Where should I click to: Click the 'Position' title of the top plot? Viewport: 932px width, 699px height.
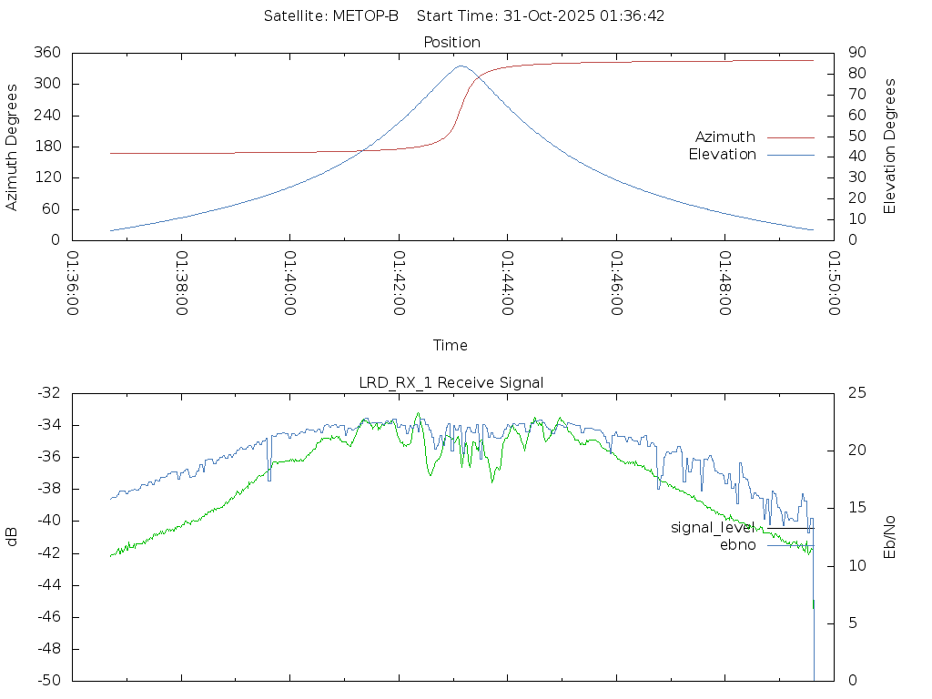point(452,42)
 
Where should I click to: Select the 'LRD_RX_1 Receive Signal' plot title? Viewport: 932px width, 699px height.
point(451,382)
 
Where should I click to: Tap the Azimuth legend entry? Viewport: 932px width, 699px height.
point(725,137)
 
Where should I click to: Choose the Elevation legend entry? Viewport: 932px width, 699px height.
point(722,155)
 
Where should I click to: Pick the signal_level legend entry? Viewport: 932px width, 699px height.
point(713,528)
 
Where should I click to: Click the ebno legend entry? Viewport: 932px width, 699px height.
point(737,545)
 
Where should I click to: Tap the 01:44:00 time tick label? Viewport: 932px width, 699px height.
point(508,283)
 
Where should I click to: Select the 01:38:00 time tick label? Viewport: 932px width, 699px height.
point(181,283)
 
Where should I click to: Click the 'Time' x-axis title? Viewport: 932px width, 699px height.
point(451,345)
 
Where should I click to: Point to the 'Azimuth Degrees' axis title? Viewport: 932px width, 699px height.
point(13,147)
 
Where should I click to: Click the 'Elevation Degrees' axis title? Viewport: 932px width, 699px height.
point(891,146)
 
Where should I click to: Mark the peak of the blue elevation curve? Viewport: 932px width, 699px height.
point(461,66)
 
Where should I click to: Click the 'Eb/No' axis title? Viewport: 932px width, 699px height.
point(891,537)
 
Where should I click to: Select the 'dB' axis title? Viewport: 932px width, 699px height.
point(13,537)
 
